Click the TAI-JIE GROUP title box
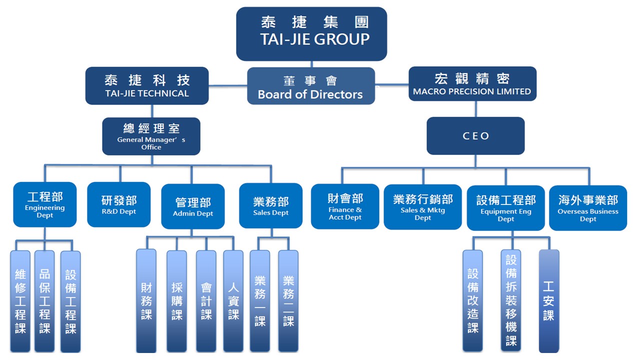(311, 33)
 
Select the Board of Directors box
(310, 86)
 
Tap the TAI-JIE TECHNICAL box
(147, 85)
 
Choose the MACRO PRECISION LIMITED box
(472, 84)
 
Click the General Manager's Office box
(151, 136)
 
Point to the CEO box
(475, 135)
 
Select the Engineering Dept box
(45, 204)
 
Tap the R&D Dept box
(118, 204)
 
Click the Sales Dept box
(271, 205)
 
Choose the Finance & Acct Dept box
(345, 206)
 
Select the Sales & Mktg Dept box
(422, 206)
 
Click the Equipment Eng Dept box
(505, 207)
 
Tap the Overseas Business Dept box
(588, 207)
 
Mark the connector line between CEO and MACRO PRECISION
(475, 109)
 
